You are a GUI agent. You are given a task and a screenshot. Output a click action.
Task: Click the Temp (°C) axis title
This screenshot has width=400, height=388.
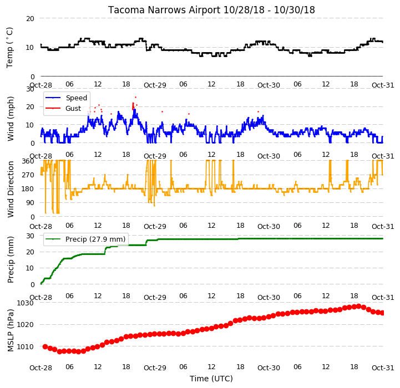click(x=9, y=48)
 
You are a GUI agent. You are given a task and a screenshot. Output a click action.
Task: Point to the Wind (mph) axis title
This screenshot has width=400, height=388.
click(x=10, y=119)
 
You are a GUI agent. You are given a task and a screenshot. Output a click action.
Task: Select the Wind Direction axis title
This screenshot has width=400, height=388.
click(x=10, y=189)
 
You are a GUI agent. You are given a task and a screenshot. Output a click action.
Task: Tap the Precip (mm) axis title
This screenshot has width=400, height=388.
click(x=10, y=259)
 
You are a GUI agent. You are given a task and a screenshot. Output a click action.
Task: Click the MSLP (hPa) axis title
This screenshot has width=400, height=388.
click(x=10, y=330)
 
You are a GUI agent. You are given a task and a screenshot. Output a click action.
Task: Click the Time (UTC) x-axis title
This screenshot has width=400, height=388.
click(x=211, y=379)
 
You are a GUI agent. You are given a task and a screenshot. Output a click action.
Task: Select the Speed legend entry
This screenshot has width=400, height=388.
click(x=66, y=98)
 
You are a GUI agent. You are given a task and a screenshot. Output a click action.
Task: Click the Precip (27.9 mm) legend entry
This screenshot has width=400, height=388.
click(x=85, y=239)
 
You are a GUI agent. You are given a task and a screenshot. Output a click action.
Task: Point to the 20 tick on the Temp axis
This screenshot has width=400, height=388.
click(x=30, y=19)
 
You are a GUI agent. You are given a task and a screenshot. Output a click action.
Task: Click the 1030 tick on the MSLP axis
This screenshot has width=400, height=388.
click(x=26, y=303)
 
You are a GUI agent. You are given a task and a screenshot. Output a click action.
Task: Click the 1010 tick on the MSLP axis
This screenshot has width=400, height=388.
click(x=26, y=346)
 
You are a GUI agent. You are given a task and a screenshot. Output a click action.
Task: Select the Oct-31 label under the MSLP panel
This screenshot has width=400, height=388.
click(x=383, y=367)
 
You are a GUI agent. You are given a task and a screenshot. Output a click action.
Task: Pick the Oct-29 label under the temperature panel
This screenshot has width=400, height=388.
click(x=155, y=85)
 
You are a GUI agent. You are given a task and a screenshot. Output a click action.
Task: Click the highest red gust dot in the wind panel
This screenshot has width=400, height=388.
click(x=135, y=97)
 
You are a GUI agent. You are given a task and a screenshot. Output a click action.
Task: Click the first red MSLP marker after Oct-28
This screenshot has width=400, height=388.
click(x=45, y=346)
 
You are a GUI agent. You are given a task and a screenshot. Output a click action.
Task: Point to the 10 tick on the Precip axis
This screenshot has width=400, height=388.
click(x=30, y=268)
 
